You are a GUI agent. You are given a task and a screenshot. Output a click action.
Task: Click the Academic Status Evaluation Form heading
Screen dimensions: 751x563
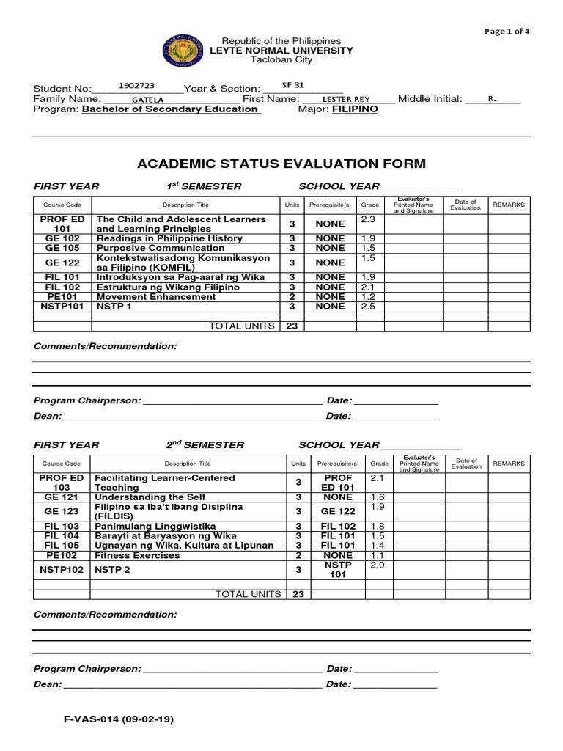(x=281, y=164)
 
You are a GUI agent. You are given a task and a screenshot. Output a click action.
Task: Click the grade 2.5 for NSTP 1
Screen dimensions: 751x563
(x=368, y=306)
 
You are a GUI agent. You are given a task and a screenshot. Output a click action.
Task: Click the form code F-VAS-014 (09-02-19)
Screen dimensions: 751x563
(x=119, y=719)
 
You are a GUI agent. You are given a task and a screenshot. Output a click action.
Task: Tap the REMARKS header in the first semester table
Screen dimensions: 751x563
(x=508, y=205)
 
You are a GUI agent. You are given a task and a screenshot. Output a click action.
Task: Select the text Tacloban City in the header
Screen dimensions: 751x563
(x=281, y=59)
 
